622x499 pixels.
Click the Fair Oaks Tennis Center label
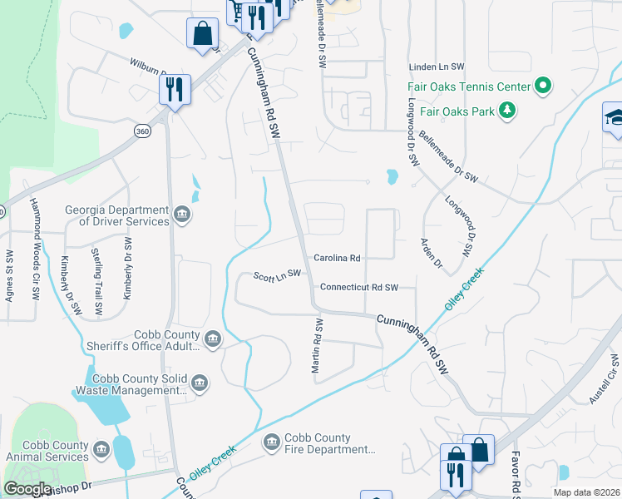[x=468, y=86]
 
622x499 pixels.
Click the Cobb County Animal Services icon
[x=101, y=451]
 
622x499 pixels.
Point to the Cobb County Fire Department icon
[x=271, y=443]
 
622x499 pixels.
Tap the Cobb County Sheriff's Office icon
[x=213, y=339]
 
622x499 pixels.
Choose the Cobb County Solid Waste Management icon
[x=199, y=383]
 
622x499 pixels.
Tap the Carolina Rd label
[x=337, y=259]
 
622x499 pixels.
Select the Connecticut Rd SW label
[x=359, y=288]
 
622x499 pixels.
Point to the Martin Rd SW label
[x=317, y=349]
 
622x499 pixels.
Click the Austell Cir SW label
[x=605, y=382]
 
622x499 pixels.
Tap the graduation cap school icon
[x=614, y=117]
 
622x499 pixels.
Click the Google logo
[x=27, y=489]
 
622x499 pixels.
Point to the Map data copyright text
[x=586, y=492]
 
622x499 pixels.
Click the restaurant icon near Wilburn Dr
[x=175, y=88]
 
